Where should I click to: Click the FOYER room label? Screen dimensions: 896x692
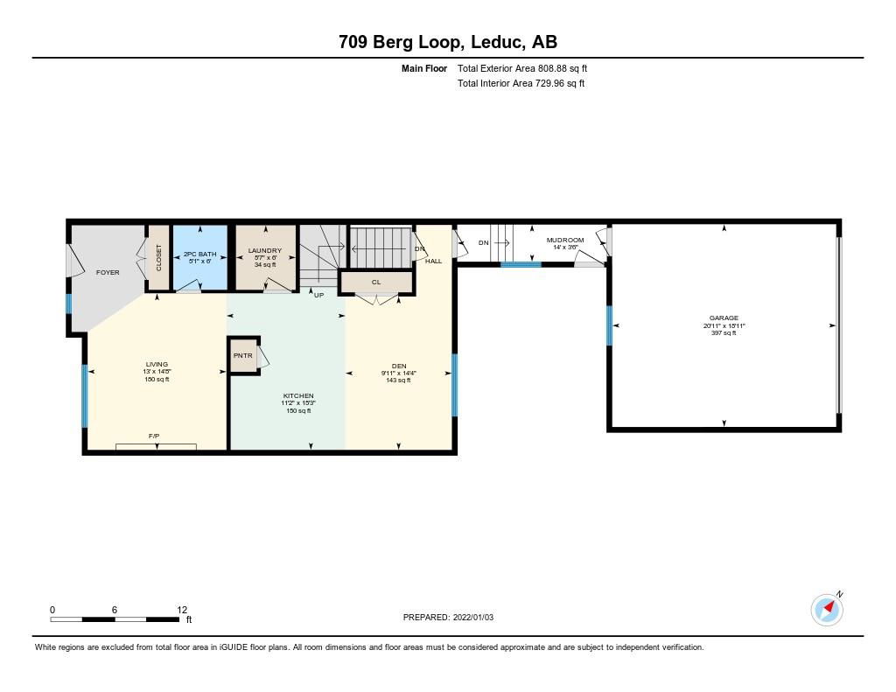pyautogui.click(x=108, y=273)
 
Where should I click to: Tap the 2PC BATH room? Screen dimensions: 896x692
pyautogui.click(x=200, y=258)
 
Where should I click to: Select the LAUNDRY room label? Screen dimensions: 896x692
pyautogui.click(x=264, y=250)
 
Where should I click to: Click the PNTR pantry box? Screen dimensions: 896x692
pyautogui.click(x=243, y=355)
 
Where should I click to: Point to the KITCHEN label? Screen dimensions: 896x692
pyautogui.click(x=298, y=395)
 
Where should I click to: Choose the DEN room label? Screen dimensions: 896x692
pyautogui.click(x=399, y=366)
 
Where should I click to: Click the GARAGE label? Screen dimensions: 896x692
pyautogui.click(x=724, y=318)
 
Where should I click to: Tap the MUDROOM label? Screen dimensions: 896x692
pyautogui.click(x=565, y=240)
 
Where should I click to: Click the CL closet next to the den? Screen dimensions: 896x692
pyautogui.click(x=376, y=283)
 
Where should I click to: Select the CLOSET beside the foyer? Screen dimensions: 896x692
pyautogui.click(x=159, y=258)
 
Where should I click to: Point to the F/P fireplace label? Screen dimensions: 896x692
pyautogui.click(x=154, y=436)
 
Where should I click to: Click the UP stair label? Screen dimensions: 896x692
pyautogui.click(x=318, y=296)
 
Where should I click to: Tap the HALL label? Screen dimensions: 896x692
pyautogui.click(x=434, y=262)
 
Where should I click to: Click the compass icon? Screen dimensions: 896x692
pyautogui.click(x=827, y=610)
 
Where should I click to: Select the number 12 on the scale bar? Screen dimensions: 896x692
pyautogui.click(x=182, y=610)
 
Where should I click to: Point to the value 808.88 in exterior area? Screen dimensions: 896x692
pyautogui.click(x=553, y=68)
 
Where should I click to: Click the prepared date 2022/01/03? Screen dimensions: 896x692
pyautogui.click(x=473, y=617)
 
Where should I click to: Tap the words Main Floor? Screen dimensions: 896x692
pyautogui.click(x=424, y=68)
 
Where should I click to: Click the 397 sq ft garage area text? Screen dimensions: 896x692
pyautogui.click(x=724, y=332)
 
